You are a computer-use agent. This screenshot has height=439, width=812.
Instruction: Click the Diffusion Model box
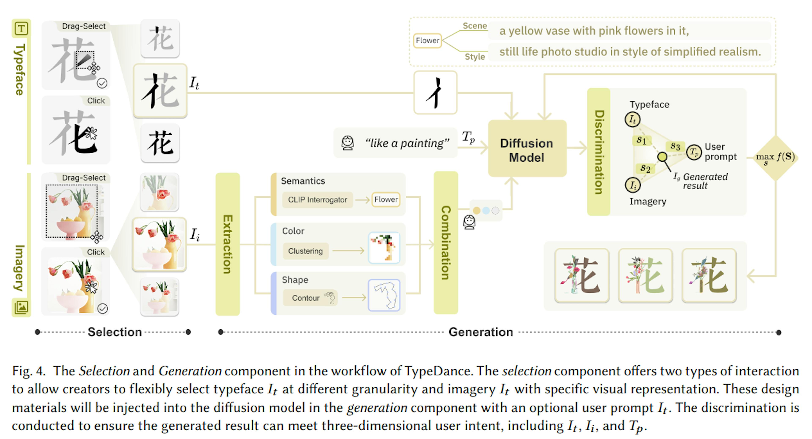(x=527, y=148)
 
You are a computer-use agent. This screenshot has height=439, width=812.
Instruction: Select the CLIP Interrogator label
(x=317, y=200)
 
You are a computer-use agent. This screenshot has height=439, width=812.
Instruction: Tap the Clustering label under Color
(x=305, y=251)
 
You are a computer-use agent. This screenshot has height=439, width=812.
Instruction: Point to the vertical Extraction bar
(x=228, y=244)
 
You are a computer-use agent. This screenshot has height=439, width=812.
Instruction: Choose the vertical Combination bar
(x=446, y=242)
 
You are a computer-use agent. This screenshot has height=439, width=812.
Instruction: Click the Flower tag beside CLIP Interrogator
(x=386, y=199)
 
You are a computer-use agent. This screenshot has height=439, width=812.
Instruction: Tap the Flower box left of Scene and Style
(x=427, y=41)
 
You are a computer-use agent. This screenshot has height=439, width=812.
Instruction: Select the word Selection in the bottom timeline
(x=115, y=332)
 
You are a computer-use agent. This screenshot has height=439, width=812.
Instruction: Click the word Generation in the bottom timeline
(x=481, y=332)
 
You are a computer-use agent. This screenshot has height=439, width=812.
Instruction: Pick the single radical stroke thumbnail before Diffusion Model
(x=435, y=92)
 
